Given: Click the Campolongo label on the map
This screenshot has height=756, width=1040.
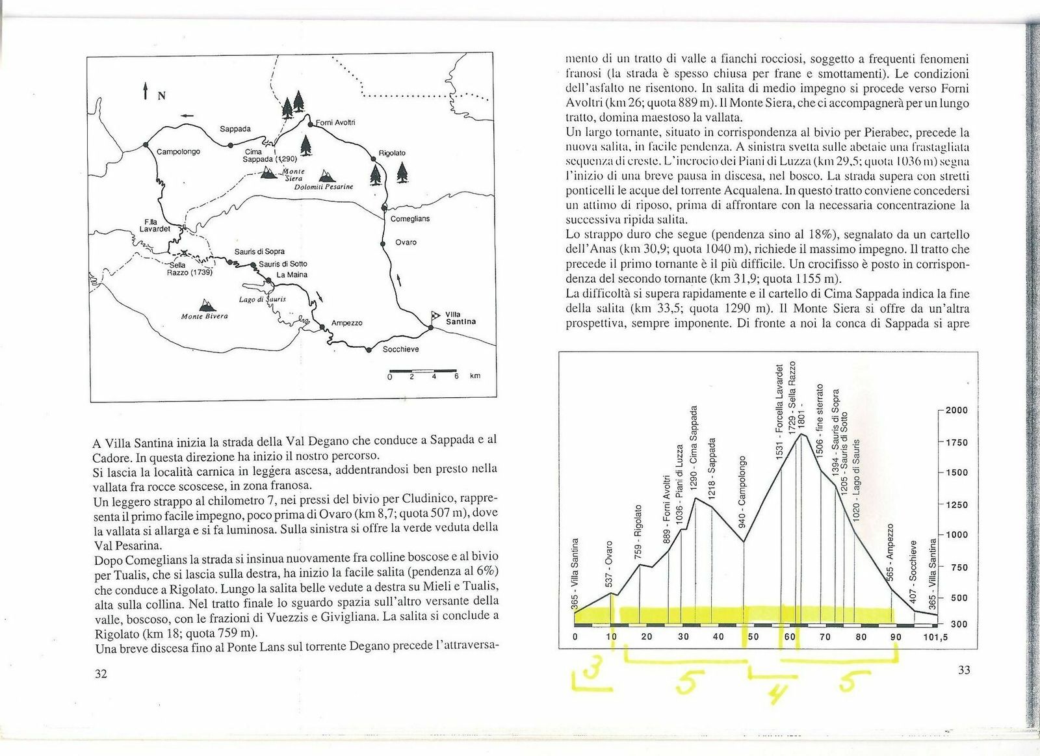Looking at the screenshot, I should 178,151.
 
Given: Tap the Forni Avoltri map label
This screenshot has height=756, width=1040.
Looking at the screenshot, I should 335,122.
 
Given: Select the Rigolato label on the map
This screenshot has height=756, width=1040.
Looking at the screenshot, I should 392,153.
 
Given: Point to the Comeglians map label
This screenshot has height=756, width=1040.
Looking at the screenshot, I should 410,219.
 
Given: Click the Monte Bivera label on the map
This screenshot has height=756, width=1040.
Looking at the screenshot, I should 205,317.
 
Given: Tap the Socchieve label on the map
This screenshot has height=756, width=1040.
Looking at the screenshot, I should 400,349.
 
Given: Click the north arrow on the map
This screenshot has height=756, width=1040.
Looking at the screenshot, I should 146,91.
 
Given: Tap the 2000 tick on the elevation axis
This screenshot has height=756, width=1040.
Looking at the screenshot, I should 956,410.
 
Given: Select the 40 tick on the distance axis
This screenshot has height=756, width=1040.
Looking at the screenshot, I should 718,637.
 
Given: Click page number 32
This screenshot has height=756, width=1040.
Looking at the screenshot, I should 101,673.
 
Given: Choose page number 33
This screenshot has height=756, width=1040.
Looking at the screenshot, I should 963,669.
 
